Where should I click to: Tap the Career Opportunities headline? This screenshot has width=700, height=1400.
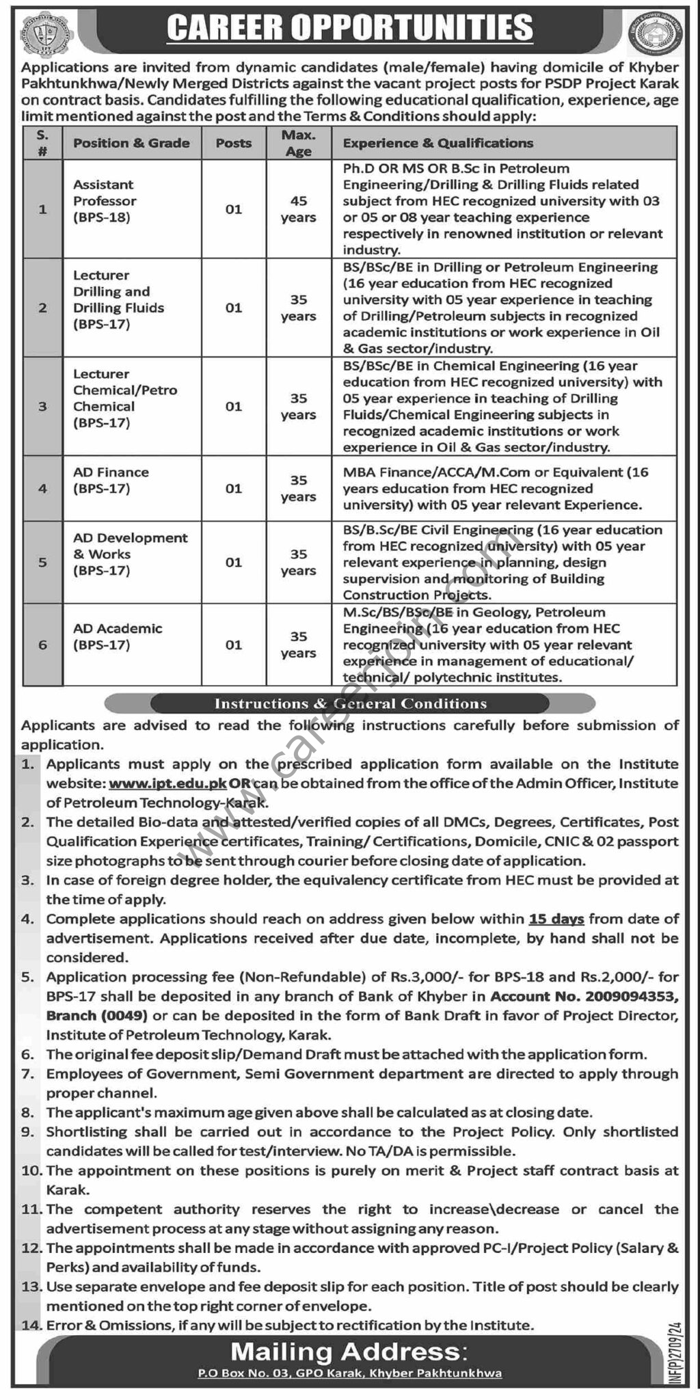point(349,29)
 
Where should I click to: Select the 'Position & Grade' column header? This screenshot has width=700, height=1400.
point(131,143)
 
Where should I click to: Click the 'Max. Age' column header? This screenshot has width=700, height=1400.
point(298,144)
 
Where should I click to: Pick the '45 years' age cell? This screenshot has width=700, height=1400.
point(298,209)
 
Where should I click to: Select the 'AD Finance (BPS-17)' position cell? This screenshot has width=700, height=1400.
point(111,481)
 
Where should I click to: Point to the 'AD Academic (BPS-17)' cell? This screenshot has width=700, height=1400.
point(118,636)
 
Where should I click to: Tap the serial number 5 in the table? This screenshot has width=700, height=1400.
point(42,562)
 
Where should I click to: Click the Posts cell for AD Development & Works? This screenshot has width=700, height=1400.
point(234,562)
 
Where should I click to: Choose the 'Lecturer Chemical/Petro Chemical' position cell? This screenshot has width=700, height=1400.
point(125,399)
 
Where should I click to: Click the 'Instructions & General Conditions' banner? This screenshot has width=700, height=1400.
point(350,703)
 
